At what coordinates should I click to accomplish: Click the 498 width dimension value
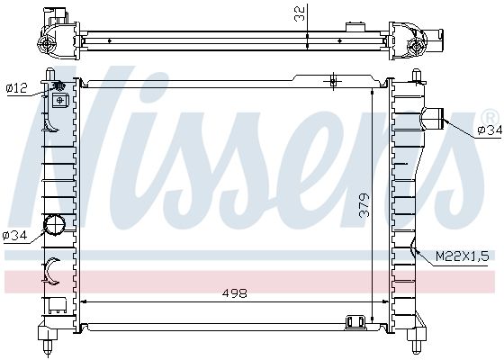click(x=235, y=292)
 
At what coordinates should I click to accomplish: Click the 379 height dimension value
click(x=364, y=205)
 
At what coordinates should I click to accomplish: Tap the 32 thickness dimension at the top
click(x=299, y=13)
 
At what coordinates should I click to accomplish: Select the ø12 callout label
click(x=17, y=88)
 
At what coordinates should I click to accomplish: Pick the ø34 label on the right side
click(x=490, y=130)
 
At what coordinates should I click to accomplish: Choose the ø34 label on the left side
click(x=14, y=236)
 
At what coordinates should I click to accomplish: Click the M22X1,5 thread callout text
click(x=463, y=256)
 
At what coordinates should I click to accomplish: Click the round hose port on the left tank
click(x=54, y=224)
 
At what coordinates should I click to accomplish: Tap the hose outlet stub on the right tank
click(x=433, y=119)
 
